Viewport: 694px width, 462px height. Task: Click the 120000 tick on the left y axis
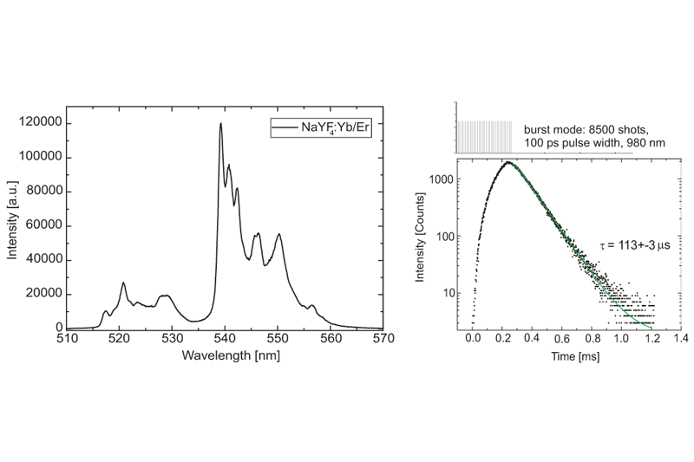tap(41, 123)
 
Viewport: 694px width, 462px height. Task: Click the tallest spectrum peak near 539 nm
tap(221, 124)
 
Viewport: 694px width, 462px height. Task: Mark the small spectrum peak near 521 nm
tap(123, 283)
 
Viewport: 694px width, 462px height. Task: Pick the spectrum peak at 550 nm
tap(278, 234)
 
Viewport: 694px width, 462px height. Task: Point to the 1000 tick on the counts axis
tap(439, 178)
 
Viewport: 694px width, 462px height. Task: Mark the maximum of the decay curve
tap(508, 162)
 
